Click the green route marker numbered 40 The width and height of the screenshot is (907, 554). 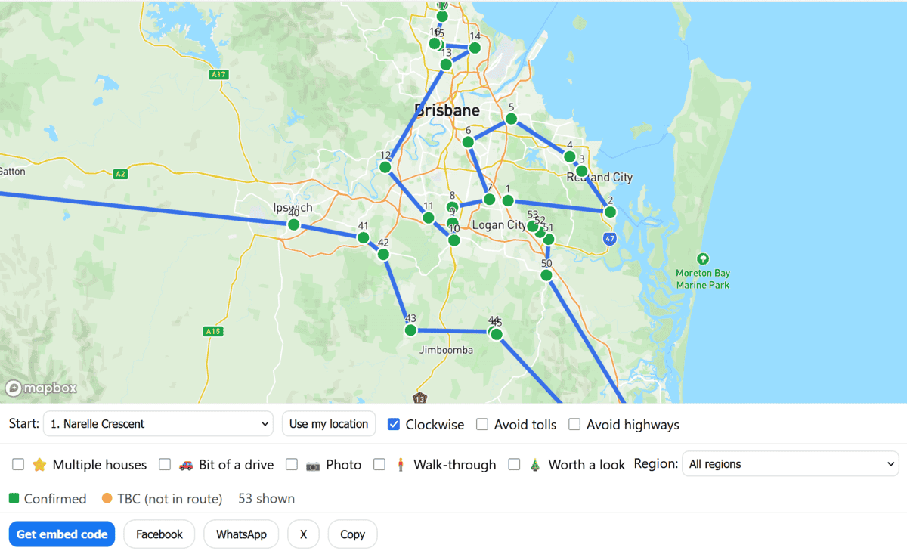point(294,224)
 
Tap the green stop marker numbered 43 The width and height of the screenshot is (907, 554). point(410,330)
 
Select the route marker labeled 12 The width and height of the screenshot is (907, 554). point(385,167)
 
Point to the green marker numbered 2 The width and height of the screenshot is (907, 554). point(610,212)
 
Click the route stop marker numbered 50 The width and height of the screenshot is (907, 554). point(546,275)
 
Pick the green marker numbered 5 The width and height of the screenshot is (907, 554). point(511,119)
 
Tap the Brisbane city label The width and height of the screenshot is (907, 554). point(447,110)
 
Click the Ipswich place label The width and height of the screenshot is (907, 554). point(293,207)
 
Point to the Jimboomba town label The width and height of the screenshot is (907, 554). point(446,350)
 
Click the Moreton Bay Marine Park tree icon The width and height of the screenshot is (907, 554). point(703,259)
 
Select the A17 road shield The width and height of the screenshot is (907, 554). point(218,74)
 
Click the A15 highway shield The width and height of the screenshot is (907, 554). point(212,331)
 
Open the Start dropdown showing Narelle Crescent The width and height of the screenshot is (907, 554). point(158,424)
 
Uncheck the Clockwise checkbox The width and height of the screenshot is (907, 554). point(394,424)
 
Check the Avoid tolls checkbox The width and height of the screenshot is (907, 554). point(482,425)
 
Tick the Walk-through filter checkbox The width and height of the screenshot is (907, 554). point(379,465)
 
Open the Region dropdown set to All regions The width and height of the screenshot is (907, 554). point(790,464)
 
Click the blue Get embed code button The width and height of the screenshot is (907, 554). point(62,534)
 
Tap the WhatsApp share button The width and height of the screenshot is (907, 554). point(241,534)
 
